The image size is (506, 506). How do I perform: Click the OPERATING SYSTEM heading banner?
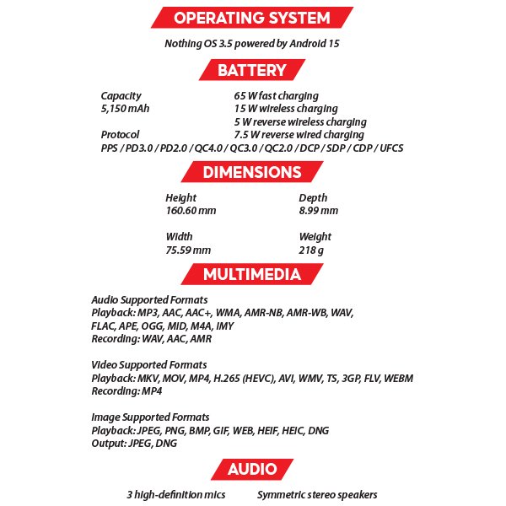(x=252, y=18)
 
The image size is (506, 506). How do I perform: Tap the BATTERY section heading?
(x=252, y=70)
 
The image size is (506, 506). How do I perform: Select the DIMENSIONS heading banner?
(x=252, y=173)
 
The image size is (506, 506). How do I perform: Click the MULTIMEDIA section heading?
(x=251, y=274)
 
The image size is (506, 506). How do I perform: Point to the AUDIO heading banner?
(x=252, y=469)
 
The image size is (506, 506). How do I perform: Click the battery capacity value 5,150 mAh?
(x=125, y=109)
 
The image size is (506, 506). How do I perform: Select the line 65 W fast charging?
(x=276, y=96)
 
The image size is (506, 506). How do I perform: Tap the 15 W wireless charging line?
(x=286, y=109)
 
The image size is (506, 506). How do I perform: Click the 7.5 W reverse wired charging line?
(x=299, y=135)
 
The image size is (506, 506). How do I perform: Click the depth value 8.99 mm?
(x=319, y=211)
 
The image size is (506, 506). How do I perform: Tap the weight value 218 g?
(x=311, y=250)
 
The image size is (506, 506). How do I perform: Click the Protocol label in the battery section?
(x=120, y=135)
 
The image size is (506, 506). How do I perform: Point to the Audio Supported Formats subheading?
(x=149, y=300)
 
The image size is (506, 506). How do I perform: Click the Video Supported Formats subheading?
(x=149, y=364)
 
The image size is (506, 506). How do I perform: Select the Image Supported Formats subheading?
(x=150, y=417)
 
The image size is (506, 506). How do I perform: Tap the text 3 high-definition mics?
(x=176, y=495)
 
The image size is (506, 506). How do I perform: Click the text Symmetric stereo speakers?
(x=317, y=495)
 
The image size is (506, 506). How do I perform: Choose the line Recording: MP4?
(x=126, y=391)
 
